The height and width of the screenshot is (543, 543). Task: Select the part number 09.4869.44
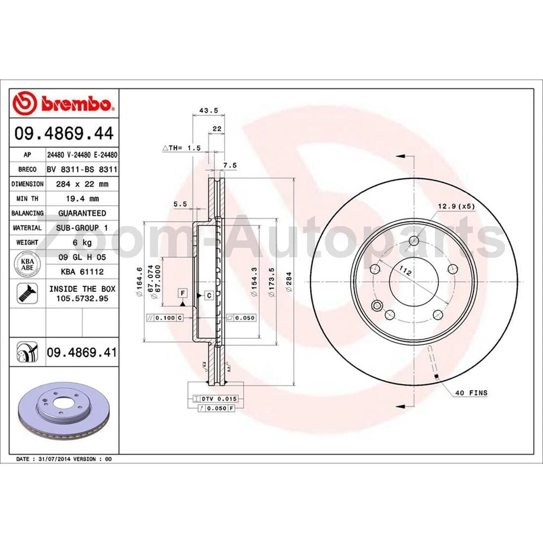pyautogui.click(x=64, y=134)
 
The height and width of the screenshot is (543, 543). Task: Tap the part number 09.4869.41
pyautogui.click(x=82, y=352)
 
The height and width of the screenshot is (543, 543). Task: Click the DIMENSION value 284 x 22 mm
pyautogui.click(x=82, y=184)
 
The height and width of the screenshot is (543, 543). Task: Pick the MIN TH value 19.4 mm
pyautogui.click(x=82, y=199)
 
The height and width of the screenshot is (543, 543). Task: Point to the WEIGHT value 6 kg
pyautogui.click(x=82, y=243)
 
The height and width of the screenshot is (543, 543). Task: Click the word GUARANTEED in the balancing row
pyautogui.click(x=82, y=213)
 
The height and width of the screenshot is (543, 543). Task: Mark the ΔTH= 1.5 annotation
pyautogui.click(x=182, y=148)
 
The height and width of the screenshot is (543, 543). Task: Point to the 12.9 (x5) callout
pyautogui.click(x=456, y=206)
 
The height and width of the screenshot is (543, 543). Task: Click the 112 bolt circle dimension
pyautogui.click(x=404, y=272)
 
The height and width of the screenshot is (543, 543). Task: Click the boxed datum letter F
pyautogui.click(x=182, y=292)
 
